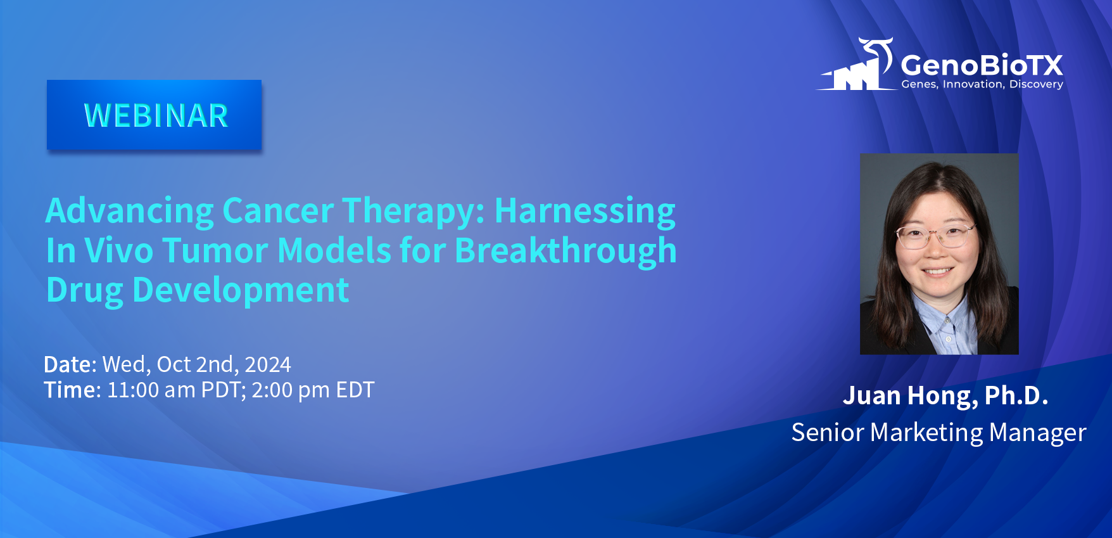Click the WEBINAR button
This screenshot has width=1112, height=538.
[x=154, y=115]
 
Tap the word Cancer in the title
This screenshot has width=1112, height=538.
[x=278, y=210]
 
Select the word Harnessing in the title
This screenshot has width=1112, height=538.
[x=585, y=212]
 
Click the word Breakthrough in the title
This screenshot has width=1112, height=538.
[x=565, y=251]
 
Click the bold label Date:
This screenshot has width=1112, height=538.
[x=70, y=364]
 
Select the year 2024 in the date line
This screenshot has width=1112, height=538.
[x=268, y=364]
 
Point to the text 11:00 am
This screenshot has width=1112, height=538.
[x=151, y=390]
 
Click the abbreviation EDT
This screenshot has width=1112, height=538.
[x=355, y=390]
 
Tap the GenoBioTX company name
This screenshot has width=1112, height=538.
[x=982, y=65]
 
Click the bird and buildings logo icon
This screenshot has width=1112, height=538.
[x=857, y=64]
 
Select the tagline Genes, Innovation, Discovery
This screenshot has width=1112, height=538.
[x=982, y=84]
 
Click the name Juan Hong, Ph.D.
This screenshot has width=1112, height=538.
[x=945, y=395]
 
